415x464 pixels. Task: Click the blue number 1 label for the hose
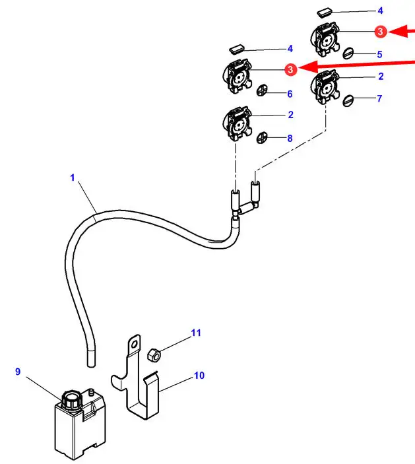click(x=73, y=178)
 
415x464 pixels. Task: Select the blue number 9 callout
click(x=18, y=372)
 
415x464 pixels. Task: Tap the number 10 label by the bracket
click(x=199, y=376)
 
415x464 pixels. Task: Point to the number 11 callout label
click(x=196, y=333)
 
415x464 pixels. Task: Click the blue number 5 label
click(x=379, y=54)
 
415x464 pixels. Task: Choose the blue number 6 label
click(x=289, y=94)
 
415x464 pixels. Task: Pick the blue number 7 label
click(x=379, y=99)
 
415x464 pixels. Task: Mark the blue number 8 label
click(x=289, y=139)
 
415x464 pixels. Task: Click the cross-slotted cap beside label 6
click(x=263, y=90)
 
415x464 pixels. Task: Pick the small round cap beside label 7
click(x=350, y=100)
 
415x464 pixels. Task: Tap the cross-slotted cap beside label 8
click(x=263, y=137)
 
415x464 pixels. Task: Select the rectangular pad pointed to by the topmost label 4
click(x=327, y=12)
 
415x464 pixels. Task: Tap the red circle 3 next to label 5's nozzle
click(x=380, y=31)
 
